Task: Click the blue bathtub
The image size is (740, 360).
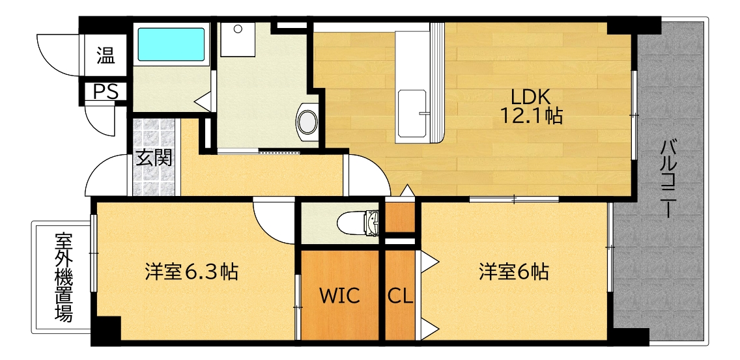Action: [171, 44]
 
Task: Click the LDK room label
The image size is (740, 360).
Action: [531, 96]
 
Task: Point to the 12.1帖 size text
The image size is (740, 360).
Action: [531, 117]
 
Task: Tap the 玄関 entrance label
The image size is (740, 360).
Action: [154, 158]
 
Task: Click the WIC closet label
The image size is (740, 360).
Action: [339, 296]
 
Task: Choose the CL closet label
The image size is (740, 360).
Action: [400, 296]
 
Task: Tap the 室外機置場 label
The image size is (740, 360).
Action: [63, 277]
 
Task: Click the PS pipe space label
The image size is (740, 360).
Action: [105, 92]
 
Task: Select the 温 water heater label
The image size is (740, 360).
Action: [106, 55]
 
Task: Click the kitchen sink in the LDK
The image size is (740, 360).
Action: [412, 114]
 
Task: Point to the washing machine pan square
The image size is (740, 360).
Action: [238, 40]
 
